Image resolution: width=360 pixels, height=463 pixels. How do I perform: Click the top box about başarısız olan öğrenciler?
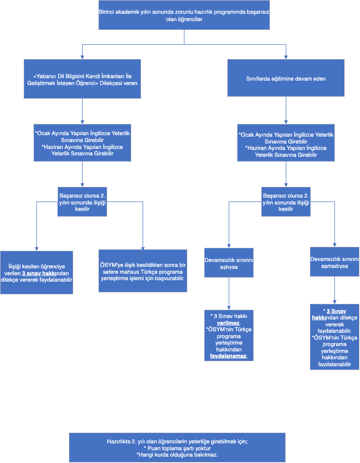pyautogui.click(x=184, y=15)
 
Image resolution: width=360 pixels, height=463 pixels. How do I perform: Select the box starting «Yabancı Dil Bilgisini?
pyautogui.click(x=82, y=79)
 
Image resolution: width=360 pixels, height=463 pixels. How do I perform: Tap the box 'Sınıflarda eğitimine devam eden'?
pyautogui.click(x=286, y=78)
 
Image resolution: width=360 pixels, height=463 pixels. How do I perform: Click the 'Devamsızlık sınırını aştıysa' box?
pyautogui.click(x=229, y=263)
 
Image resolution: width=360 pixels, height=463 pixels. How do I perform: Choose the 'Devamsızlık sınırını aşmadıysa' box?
pyautogui.click(x=334, y=262)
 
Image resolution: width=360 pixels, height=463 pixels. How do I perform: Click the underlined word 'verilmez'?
pyautogui.click(x=228, y=323)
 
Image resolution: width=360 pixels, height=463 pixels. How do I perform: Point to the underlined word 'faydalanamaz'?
pyautogui.click(x=228, y=356)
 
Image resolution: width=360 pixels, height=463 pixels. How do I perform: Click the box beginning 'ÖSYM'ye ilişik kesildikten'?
pyautogui.click(x=143, y=271)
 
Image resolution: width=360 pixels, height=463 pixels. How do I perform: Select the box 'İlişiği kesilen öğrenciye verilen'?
pyautogui.click(x=37, y=273)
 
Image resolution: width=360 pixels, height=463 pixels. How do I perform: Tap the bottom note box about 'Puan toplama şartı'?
pyautogui.click(x=178, y=448)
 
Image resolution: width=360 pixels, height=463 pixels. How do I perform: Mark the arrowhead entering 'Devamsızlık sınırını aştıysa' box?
pyautogui.click(x=229, y=246)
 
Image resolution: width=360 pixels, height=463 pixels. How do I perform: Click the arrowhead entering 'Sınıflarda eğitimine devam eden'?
pyautogui.click(x=286, y=58)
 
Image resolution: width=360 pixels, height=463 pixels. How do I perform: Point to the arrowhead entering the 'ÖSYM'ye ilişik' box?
pyautogui.click(x=143, y=248)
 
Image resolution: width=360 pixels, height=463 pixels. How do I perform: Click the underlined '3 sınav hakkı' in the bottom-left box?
pyautogui.click(x=39, y=273)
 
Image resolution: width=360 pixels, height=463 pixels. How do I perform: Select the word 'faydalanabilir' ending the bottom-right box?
pyautogui.click(x=334, y=364)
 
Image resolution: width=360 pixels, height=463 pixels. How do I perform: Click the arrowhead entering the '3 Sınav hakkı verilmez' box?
pyautogui.click(x=229, y=308)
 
